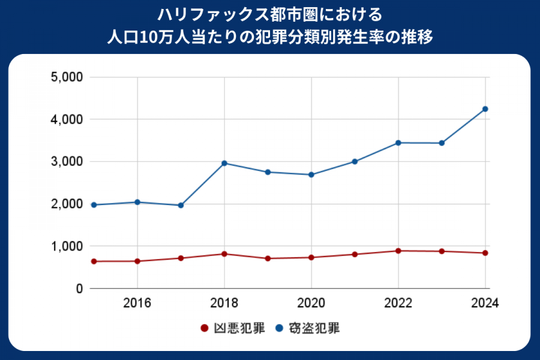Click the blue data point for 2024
[x=485, y=109]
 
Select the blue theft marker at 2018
[x=224, y=163]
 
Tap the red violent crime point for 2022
[x=398, y=251]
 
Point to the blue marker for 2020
[x=311, y=175]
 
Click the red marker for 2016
[x=137, y=261]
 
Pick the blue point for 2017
[x=181, y=205]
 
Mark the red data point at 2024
[x=485, y=253]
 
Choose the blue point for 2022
[x=398, y=143]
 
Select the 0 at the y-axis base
[x=78, y=289]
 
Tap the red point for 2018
[x=224, y=254]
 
